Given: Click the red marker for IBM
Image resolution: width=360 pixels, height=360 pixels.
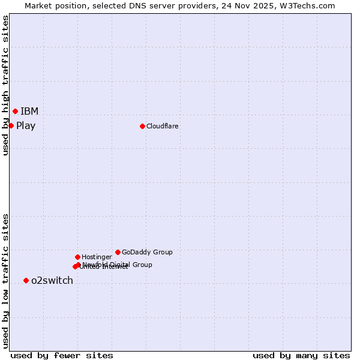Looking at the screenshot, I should click(15, 111).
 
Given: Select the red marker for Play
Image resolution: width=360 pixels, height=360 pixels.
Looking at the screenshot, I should click(11, 125).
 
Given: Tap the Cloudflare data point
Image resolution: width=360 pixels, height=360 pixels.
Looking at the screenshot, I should click(142, 126).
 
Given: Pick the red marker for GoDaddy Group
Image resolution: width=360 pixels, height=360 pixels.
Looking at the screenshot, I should click(118, 252).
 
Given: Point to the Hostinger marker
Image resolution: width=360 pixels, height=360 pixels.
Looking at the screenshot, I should click(77, 257).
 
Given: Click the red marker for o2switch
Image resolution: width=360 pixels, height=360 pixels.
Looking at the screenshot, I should click(26, 280).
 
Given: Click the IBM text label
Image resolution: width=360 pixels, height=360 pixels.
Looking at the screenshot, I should click(29, 111).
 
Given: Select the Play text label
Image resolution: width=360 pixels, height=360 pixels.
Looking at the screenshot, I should click(26, 126).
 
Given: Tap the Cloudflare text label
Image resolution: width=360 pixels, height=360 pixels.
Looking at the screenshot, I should click(162, 126).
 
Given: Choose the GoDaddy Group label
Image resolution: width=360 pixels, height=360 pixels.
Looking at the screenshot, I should click(147, 252).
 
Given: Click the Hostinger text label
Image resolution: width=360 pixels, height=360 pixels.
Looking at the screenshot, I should click(97, 257).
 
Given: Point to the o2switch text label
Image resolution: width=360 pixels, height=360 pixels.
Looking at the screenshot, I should click(52, 281).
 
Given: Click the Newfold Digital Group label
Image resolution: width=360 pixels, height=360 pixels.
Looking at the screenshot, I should click(118, 264).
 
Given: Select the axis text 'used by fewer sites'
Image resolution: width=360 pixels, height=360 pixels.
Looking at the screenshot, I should click(62, 356).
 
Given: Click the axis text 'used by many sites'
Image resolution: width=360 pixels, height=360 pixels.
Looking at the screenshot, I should click(301, 356).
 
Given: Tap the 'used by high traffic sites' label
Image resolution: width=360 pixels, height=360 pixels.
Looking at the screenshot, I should click(5, 85).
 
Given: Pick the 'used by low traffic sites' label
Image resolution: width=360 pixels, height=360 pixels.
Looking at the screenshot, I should click(5, 281).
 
